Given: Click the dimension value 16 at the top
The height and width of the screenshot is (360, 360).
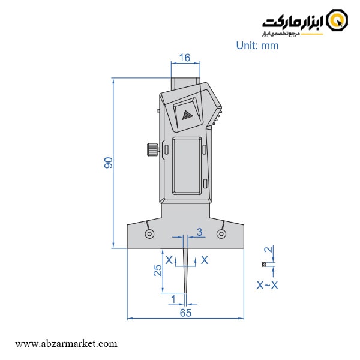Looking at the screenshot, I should pos(184,58).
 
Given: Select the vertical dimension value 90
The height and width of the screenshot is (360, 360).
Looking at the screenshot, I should pos(109,162).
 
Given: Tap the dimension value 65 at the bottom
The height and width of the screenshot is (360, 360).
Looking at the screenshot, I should pos(185,313).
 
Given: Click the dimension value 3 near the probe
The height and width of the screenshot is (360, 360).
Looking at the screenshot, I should pos(199,232).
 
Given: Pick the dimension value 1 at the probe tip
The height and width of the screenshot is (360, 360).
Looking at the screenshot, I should pos(173,298).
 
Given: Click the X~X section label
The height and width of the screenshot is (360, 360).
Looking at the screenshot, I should pos(267,286).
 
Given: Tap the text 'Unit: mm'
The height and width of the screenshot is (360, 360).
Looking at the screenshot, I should pos(257,46).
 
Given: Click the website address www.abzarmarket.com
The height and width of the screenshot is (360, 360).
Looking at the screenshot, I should pos(66,344).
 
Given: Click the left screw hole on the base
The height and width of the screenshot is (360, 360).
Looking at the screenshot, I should pos(149,233).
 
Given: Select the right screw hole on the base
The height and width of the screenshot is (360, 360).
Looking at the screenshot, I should pos(222,233).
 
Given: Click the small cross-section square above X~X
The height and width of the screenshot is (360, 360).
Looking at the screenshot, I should pos(263,265).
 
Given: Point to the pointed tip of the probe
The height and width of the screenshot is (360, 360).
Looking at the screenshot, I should pos(185,292).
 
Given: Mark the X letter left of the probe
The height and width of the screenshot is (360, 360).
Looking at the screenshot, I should pos(169,260).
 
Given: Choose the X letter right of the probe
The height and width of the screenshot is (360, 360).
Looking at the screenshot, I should pos(205,260).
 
